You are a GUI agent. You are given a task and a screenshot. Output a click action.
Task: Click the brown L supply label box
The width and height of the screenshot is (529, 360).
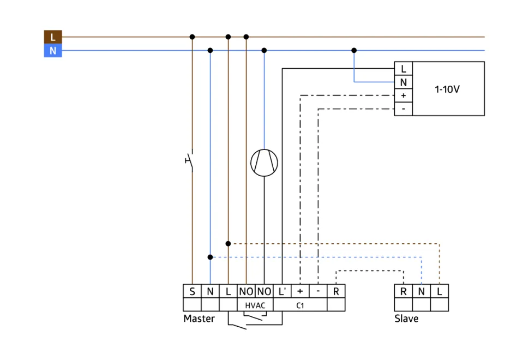click(x=52, y=37)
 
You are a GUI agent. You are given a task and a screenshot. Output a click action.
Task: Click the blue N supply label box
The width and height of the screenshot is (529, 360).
click(x=52, y=51)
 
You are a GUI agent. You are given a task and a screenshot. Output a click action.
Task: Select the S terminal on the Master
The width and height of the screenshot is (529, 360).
click(x=192, y=291)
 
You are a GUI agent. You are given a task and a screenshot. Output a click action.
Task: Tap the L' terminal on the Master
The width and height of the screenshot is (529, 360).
click(x=282, y=291)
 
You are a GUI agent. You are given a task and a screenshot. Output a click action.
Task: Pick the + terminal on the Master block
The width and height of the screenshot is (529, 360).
click(x=300, y=291)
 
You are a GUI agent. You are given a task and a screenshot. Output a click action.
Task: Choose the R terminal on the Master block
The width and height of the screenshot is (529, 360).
click(x=336, y=291)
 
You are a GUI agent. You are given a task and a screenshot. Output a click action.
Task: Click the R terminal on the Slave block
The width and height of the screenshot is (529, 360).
click(x=404, y=291)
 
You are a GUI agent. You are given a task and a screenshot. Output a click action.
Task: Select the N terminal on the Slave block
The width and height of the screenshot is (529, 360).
click(x=422, y=291)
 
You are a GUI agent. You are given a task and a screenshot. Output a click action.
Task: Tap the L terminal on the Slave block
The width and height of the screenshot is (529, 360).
click(x=440, y=291)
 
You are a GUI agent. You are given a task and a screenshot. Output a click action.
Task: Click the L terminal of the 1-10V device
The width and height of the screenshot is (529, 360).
click(x=404, y=69)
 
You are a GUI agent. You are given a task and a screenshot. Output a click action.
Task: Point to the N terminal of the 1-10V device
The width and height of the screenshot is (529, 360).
click(x=404, y=82)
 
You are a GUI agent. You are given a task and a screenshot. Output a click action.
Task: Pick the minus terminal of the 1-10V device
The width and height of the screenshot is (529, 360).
click(x=404, y=109)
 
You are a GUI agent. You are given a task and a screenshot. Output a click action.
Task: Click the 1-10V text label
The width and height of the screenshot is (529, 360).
click(x=447, y=88)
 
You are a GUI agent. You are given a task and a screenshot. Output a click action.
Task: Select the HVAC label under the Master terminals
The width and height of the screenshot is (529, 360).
click(x=255, y=305)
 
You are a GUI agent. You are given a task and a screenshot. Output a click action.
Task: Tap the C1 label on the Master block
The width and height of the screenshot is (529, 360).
click(x=300, y=305)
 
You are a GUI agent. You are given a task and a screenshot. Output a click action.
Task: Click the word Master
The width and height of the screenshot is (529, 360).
click(x=199, y=319)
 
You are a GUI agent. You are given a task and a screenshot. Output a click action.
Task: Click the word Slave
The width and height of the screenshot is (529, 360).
click(x=406, y=319)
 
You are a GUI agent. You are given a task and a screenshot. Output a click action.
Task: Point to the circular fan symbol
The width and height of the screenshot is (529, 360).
click(x=264, y=163)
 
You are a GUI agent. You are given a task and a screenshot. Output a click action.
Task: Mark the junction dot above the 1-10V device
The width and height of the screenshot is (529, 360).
click(x=354, y=50)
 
